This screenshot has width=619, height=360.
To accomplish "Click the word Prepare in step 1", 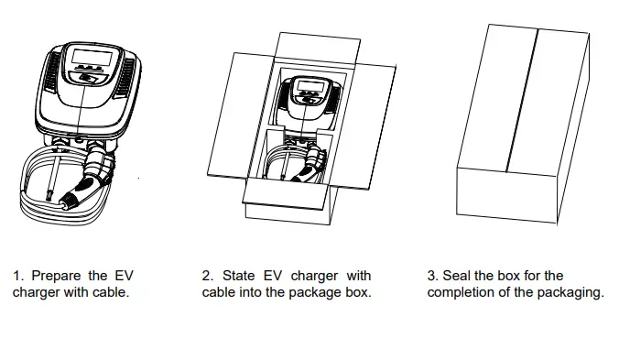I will pos(59,275).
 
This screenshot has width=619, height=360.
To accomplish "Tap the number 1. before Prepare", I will pos(18,275).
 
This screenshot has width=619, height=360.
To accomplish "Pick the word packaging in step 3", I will pos(571,293).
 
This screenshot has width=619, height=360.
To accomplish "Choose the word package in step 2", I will pos(313,293).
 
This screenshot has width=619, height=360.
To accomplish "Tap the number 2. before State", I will pos(208,275).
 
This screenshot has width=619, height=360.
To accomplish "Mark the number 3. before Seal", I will pos(433,275).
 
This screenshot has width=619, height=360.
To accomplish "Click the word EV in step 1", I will pos(124,275).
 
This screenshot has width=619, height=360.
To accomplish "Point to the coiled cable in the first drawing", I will pos(37,188).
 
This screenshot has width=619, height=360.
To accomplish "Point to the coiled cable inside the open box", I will pos(279,165).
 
